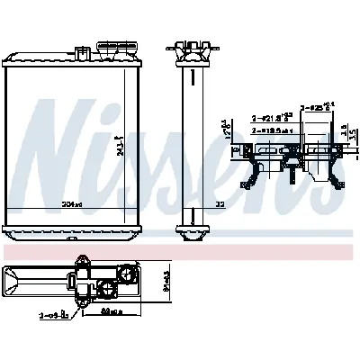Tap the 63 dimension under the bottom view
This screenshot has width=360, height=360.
coord(112,314)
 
